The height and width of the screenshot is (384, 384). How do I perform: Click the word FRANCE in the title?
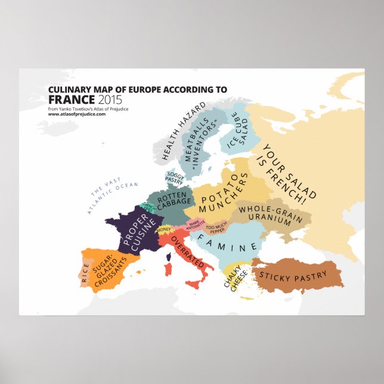70,99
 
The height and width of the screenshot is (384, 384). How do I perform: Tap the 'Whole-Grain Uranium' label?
271,216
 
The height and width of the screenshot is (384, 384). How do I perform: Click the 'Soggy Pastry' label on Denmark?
175,177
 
